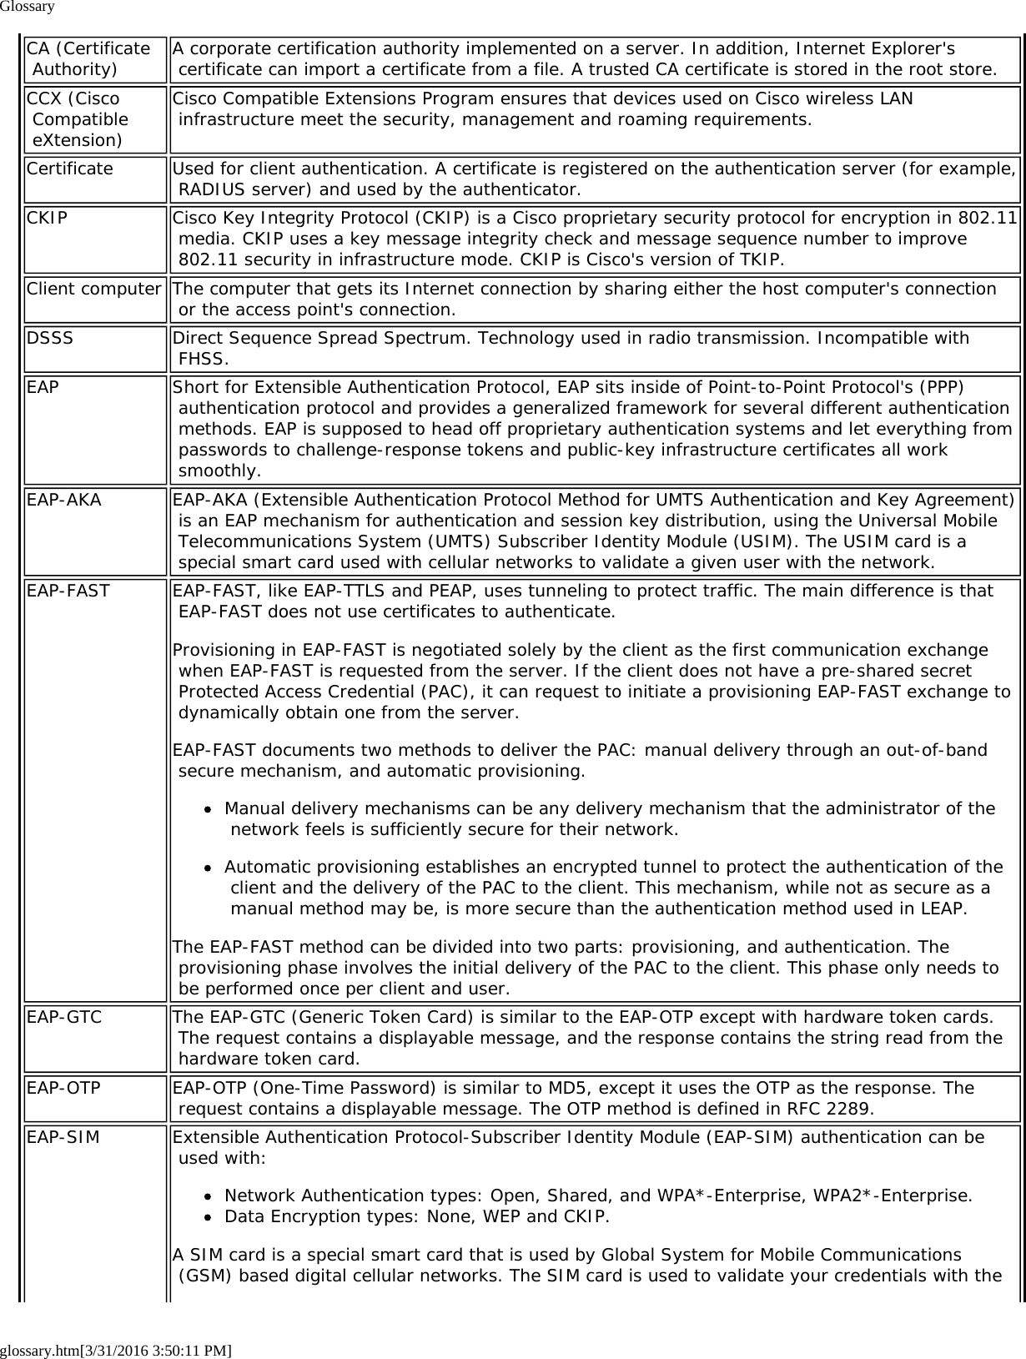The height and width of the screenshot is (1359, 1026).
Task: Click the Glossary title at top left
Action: [28, 8]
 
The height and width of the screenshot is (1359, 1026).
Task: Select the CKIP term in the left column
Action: [48, 219]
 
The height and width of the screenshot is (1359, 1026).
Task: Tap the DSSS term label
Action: [50, 339]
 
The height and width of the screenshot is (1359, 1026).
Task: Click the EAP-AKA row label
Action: [64, 500]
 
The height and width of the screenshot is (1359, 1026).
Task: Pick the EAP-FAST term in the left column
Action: [68, 591]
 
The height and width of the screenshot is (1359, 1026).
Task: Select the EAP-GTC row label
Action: [64, 1018]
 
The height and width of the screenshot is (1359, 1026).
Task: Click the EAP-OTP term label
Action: [64, 1088]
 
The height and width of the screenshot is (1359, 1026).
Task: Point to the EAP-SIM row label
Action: [63, 1137]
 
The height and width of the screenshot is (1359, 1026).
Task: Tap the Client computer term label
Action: [93, 289]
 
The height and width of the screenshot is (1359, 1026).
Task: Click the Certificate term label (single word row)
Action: [70, 169]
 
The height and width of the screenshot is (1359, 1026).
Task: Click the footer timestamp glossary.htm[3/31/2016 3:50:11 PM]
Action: [116, 1350]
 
